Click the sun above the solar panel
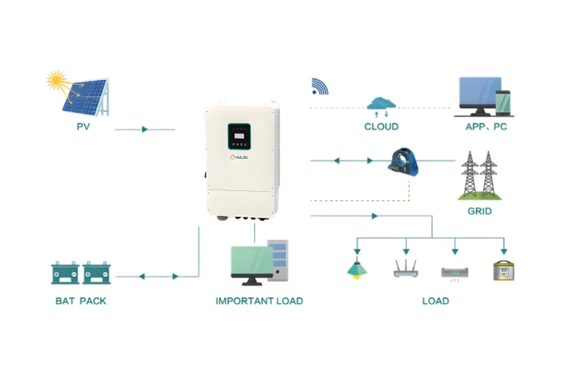56,80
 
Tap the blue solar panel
85,97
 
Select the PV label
84,127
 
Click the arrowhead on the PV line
144,130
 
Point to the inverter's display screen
239,136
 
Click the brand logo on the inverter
239,157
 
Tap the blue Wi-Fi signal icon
320,86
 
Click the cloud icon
381,103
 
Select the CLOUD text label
381,127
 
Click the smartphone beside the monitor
502,103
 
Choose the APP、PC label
486,127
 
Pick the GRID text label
479,211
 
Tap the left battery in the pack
65,273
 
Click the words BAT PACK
81,301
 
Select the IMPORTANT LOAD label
259,301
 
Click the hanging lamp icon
356,268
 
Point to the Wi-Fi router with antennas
406,268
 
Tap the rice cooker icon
503,271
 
